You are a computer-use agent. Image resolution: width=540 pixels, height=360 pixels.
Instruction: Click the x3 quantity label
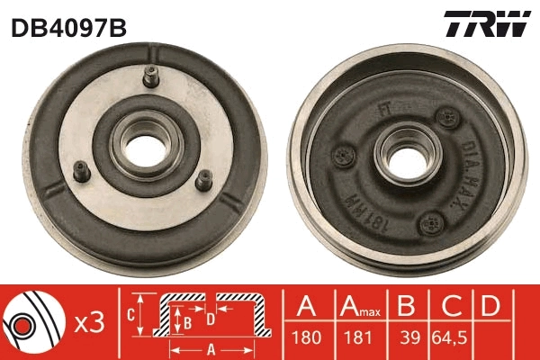[x=88, y=322]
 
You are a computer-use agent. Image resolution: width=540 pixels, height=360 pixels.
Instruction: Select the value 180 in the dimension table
[x=306, y=340]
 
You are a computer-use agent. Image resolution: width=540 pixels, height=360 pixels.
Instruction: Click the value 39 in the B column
[x=409, y=340]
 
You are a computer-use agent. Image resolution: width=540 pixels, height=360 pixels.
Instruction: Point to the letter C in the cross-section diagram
[x=131, y=314]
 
